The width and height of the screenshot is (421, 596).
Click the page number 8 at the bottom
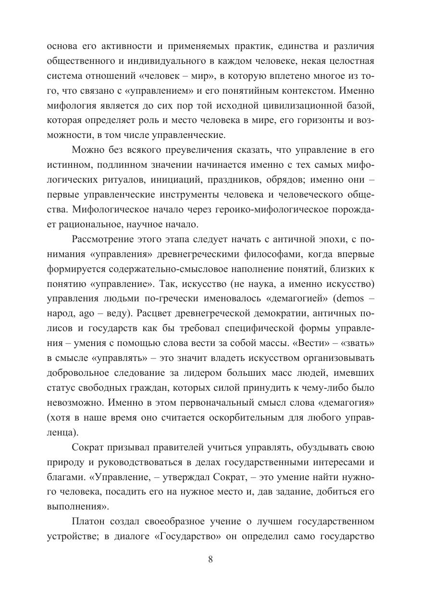tap(210, 559)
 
